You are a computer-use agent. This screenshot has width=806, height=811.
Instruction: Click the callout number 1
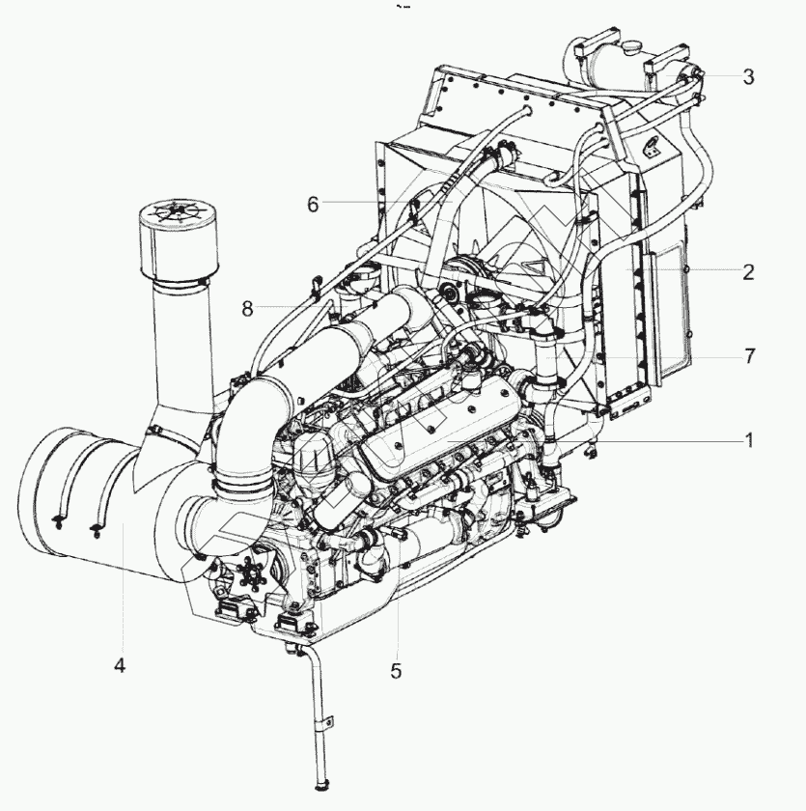coord(748,439)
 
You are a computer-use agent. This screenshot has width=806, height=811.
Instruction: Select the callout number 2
coord(748,271)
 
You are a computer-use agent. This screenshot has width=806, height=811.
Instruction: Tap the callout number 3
coord(748,76)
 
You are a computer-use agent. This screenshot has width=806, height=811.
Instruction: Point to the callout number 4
coord(119,665)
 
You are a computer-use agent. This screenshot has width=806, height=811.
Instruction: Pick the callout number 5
coord(396,671)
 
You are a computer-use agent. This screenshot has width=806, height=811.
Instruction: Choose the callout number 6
coord(313,204)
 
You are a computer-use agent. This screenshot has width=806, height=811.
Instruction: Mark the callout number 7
coord(748,356)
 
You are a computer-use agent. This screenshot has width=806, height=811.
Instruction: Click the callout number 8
coord(247,308)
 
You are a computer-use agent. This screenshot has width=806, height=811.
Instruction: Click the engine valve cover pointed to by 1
coord(434,425)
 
